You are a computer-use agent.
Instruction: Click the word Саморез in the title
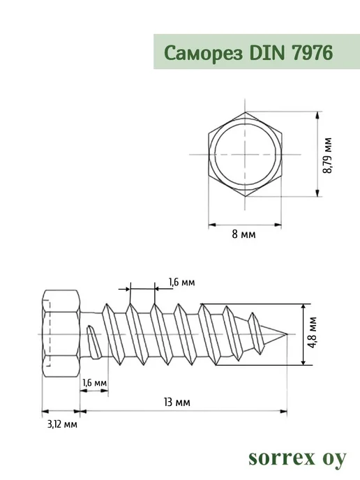coord(204,53)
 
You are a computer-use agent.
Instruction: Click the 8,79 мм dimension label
coord(327,156)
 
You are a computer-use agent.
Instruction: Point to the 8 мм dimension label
coord(243,234)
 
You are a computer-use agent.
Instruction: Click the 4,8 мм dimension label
coord(313,333)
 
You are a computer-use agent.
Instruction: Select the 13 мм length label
coord(177,402)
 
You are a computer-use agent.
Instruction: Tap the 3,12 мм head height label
coord(62,424)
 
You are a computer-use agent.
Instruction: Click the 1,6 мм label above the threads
coord(181,282)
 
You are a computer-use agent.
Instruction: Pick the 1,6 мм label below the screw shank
coord(94,382)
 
